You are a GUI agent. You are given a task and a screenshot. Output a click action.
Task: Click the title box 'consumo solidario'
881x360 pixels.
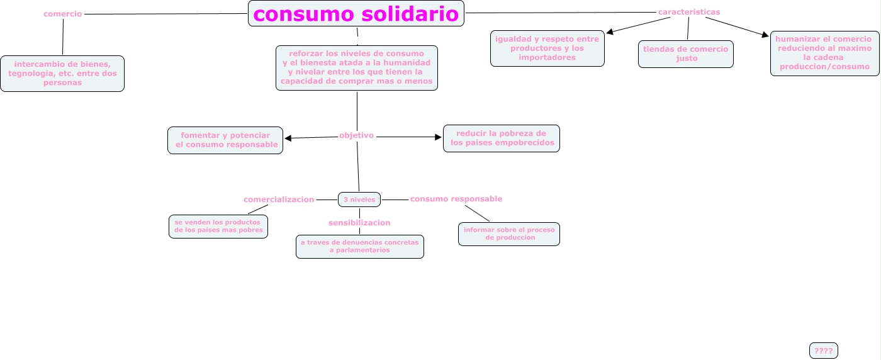tap(356, 13)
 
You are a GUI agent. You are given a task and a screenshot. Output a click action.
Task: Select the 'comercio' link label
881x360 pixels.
tap(62, 14)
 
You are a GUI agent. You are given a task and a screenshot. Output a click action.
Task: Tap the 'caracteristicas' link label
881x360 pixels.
tap(689, 12)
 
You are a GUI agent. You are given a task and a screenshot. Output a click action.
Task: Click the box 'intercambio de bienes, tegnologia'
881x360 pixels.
tap(62, 74)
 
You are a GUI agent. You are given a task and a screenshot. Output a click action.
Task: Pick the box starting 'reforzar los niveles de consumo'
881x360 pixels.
tap(357, 67)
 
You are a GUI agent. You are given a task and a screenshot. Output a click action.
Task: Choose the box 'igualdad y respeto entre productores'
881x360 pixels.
tap(547, 48)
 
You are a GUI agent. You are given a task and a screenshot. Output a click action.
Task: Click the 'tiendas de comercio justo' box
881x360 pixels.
tap(685, 54)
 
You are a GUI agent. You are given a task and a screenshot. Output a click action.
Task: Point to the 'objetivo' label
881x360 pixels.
tap(356, 135)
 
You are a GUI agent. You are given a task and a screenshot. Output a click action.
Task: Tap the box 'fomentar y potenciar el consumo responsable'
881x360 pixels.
tap(225, 140)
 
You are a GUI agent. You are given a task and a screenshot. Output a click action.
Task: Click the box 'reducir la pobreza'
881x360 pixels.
tap(502, 138)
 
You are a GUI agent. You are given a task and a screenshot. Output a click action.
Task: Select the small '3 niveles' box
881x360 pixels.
tap(359, 200)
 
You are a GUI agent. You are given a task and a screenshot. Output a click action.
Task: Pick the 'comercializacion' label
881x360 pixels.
tap(279, 200)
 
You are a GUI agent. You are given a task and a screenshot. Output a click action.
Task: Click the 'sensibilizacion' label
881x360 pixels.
tap(359, 223)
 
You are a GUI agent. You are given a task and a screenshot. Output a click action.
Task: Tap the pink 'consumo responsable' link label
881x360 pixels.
tap(456, 199)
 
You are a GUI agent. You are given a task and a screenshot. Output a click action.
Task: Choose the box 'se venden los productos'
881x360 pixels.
tap(218, 227)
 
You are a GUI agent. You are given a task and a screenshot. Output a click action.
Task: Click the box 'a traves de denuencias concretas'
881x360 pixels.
tap(360, 247)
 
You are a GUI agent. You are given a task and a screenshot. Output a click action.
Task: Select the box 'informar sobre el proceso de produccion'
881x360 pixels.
tap(509, 234)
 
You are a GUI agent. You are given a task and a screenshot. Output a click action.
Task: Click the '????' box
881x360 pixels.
tap(823, 351)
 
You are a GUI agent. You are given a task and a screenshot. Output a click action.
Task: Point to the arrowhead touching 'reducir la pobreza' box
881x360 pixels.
tap(439, 137)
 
